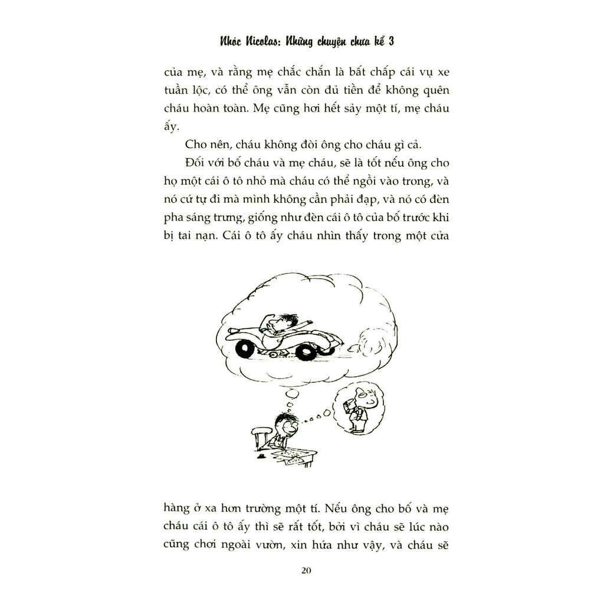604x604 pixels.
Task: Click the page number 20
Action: click(x=306, y=570)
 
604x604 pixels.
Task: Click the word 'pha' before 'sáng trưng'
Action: click(x=173, y=218)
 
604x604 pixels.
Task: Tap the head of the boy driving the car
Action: click(x=285, y=321)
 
